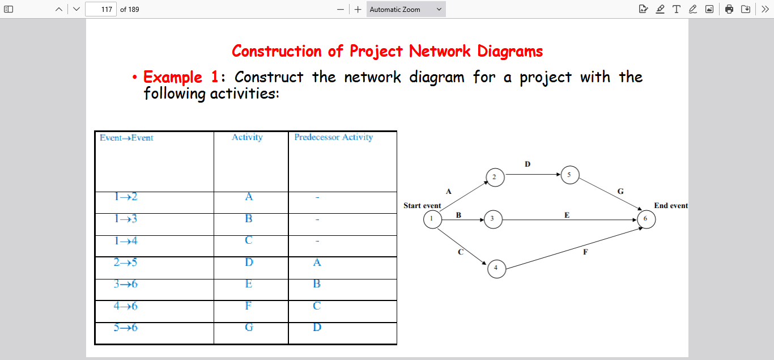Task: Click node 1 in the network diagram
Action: (432, 219)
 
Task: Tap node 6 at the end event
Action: (646, 219)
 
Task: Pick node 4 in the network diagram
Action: (496, 268)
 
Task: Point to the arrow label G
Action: (620, 192)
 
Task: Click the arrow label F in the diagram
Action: (585, 252)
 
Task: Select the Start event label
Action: (422, 205)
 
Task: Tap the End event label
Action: (671, 205)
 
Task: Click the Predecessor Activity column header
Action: (334, 137)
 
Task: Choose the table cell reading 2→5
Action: (126, 262)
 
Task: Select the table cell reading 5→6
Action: (126, 328)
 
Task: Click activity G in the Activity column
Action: (249, 328)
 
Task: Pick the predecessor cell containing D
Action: (317, 328)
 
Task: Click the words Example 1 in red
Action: (173, 77)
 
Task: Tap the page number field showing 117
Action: (101, 9)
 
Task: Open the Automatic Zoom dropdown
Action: (406, 9)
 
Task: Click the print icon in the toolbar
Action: (729, 9)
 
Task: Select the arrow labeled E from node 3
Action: (567, 219)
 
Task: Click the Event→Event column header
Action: (126, 138)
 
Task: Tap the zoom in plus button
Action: (358, 9)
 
